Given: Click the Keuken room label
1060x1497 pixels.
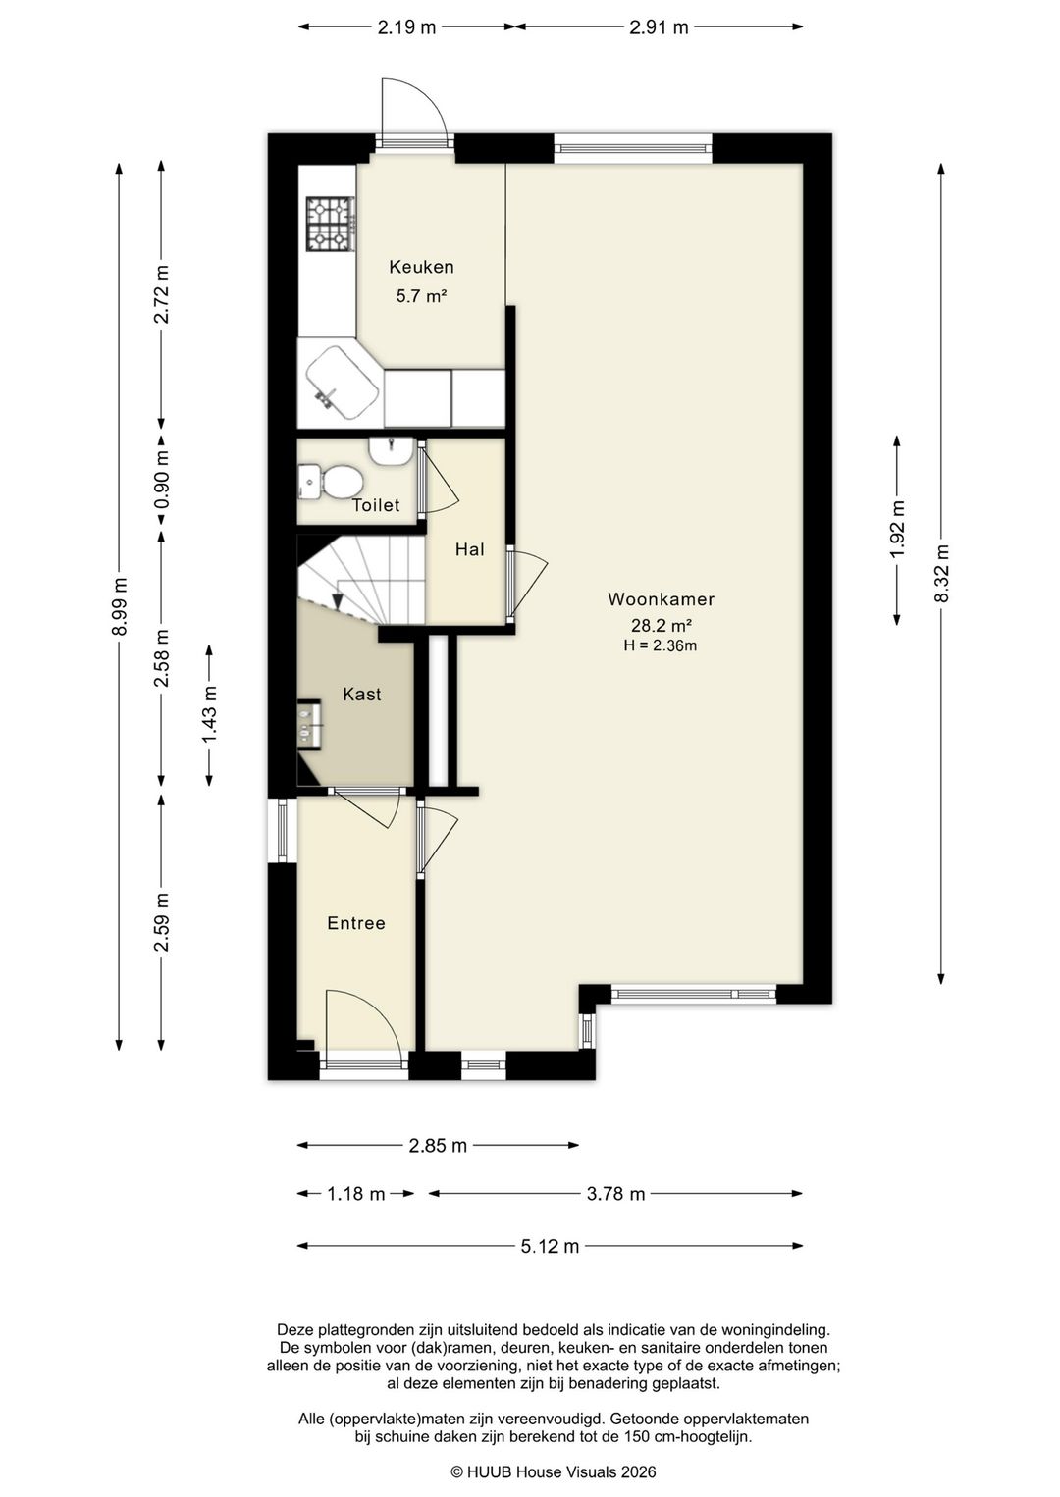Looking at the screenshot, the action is pos(421,267).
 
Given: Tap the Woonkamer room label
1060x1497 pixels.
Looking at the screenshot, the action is pos(661,599).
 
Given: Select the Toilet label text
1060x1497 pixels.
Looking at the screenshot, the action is pos(376,505).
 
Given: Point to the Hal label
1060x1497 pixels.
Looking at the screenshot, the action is pos(469,550).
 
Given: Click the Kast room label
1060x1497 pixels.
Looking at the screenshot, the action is pos(362,695).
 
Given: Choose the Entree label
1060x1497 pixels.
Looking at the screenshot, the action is pos(355,923).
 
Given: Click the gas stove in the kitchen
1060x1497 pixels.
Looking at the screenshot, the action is pos(330,224).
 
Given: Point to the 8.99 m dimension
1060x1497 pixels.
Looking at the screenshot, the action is pos(120,606).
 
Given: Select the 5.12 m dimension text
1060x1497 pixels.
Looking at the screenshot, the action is pos(550,1247).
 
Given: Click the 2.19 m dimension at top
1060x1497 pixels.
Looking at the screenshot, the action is pos(406,27).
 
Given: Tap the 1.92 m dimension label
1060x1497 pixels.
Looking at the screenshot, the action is pos(897,530).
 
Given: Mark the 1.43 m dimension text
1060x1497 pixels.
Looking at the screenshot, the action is pos(210,714).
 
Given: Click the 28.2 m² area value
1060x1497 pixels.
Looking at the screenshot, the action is pos(661,626).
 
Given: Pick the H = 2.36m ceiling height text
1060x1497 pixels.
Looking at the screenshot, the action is pos(661,645).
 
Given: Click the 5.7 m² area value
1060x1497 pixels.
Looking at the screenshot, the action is pos(421,296).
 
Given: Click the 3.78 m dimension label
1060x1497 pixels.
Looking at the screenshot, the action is pos(616,1194).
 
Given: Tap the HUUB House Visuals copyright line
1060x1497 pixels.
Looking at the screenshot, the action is pos(554,1471).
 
